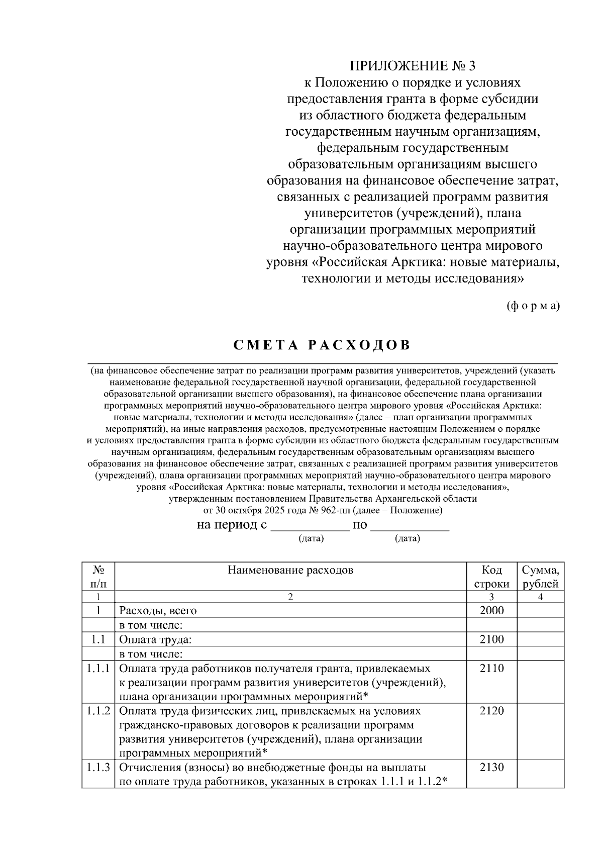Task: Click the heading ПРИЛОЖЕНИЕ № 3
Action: pos(412,66)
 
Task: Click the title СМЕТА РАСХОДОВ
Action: pos(322,345)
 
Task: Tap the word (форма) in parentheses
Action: pos(533,306)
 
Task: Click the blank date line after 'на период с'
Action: pos(310,527)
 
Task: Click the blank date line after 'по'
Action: pos(413,527)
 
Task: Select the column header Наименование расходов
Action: pos(290,570)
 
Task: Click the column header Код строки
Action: pos(491,577)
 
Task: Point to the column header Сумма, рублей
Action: pos(541,577)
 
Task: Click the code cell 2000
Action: pos(491,610)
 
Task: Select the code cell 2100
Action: pos(491,639)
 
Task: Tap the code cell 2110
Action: pos(491,668)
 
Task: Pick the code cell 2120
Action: pos(491,710)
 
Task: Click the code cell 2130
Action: pos(491,768)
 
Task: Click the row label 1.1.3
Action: pos(98,768)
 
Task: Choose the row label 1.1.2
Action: pos(98,710)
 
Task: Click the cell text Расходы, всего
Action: pos(158,611)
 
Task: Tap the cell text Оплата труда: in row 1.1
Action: pos(155,640)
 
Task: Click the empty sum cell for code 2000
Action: pos(541,610)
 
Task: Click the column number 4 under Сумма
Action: pos(541,597)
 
